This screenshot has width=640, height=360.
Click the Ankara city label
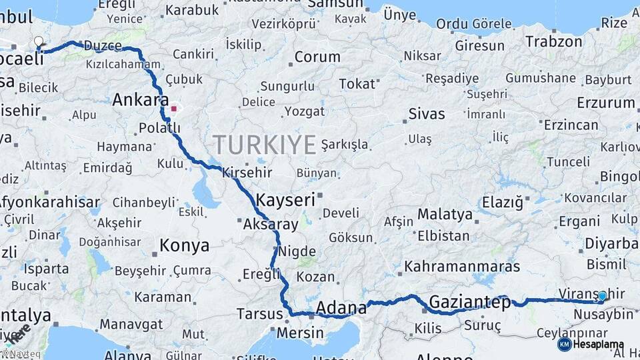(140, 100)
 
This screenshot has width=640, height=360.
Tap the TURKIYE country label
(265, 144)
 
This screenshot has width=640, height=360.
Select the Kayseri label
(285, 199)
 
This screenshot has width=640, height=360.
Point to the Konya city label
(184, 246)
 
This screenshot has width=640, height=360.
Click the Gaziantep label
(469, 302)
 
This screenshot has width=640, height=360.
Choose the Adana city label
(341, 308)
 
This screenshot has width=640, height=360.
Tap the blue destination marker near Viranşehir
(602, 296)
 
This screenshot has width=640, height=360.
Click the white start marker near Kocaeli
(39, 42)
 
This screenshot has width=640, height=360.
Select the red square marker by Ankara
(174, 108)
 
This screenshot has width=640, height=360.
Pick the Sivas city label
(426, 113)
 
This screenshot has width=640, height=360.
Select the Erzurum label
(605, 103)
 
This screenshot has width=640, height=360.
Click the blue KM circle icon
(564, 345)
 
